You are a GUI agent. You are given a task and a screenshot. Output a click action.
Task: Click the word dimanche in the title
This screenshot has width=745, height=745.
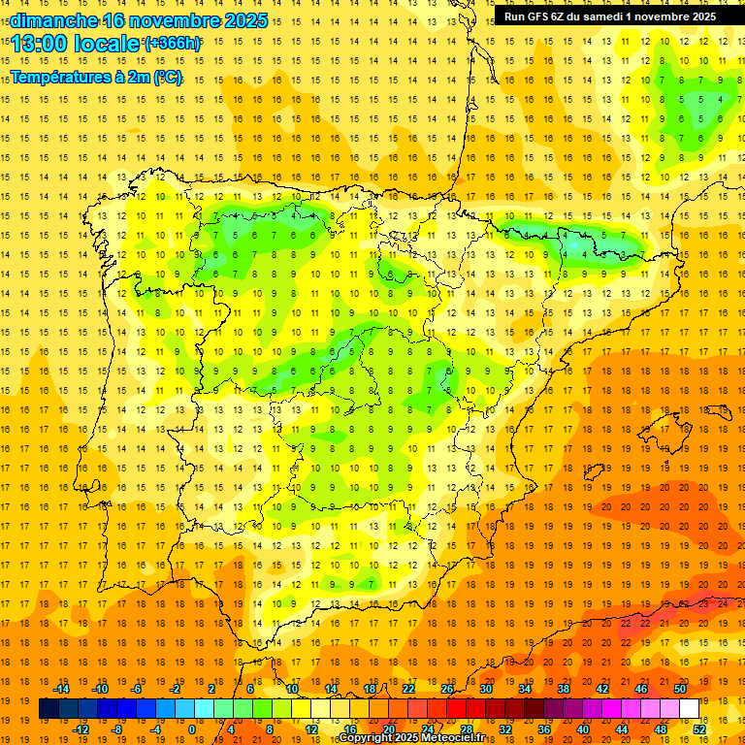click(54, 20)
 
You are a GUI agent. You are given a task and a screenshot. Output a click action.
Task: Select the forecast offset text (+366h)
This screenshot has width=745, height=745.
click(173, 44)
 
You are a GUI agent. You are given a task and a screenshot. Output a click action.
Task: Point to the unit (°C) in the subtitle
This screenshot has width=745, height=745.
click(166, 78)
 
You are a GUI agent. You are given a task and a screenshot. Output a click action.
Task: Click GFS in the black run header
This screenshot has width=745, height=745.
click(543, 16)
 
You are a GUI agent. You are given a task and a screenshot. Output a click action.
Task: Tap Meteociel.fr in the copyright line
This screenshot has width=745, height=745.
click(453, 738)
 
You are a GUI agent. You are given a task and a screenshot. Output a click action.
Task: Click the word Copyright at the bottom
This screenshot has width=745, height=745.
click(369, 738)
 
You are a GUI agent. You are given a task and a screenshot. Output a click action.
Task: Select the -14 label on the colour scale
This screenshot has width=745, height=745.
click(61, 689)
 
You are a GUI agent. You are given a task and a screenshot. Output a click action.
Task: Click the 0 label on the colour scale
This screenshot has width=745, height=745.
click(191, 729)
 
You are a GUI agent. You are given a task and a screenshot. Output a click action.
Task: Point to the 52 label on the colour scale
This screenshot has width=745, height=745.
click(699, 729)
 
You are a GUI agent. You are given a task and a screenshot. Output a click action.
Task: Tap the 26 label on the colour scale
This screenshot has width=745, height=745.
click(447, 689)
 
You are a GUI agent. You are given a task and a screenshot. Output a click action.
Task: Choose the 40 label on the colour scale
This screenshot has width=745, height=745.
click(583, 729)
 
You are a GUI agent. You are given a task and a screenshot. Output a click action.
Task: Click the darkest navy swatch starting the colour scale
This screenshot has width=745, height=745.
click(49, 709)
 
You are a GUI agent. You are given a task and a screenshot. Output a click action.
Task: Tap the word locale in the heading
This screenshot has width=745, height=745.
click(107, 44)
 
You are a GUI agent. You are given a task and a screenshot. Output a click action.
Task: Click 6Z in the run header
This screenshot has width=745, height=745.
click(565, 16)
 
